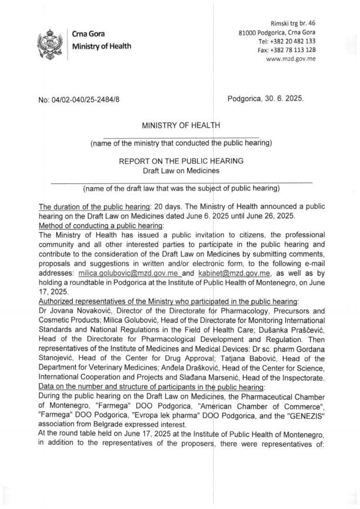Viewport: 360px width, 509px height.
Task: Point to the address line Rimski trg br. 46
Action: click(x=293, y=23)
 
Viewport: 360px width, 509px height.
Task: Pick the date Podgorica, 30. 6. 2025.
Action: click(x=266, y=99)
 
